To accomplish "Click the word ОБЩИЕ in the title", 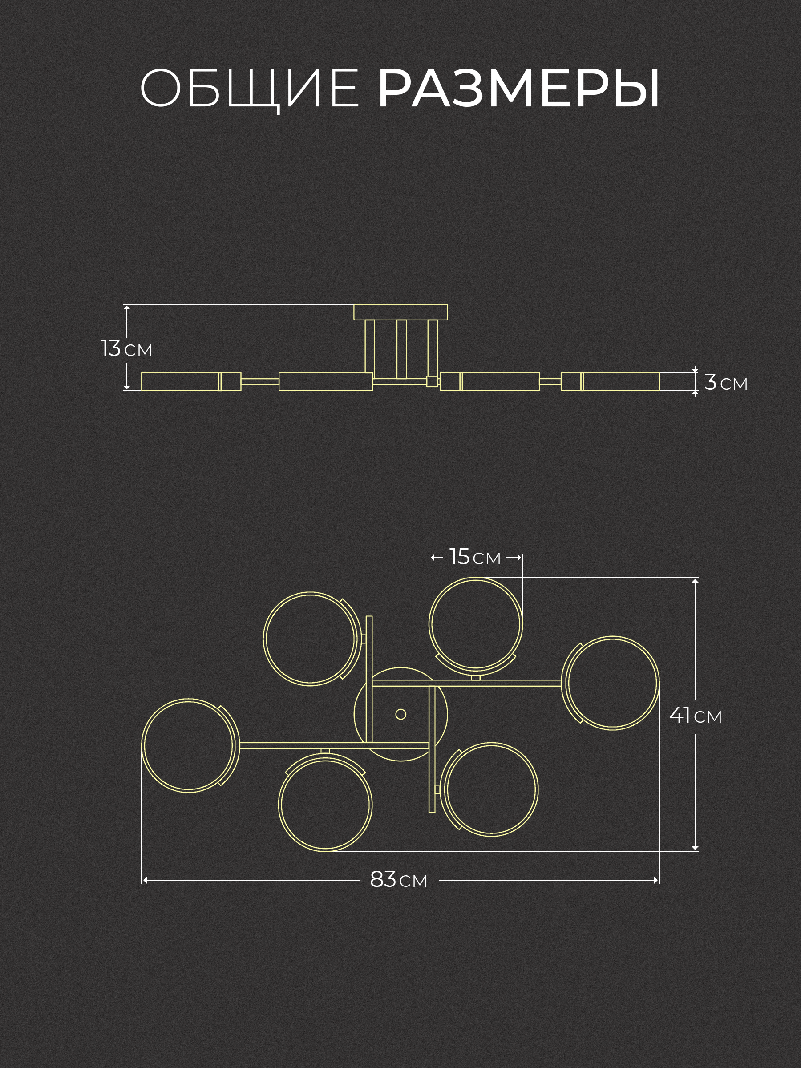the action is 249,89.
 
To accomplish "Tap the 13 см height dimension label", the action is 126,348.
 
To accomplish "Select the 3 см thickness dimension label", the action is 726,382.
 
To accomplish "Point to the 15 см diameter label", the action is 475,557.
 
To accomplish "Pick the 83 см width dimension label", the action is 399,880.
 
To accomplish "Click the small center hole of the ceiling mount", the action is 401,714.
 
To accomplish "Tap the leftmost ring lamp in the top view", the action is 142,745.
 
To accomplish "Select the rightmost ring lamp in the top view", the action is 658,683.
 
